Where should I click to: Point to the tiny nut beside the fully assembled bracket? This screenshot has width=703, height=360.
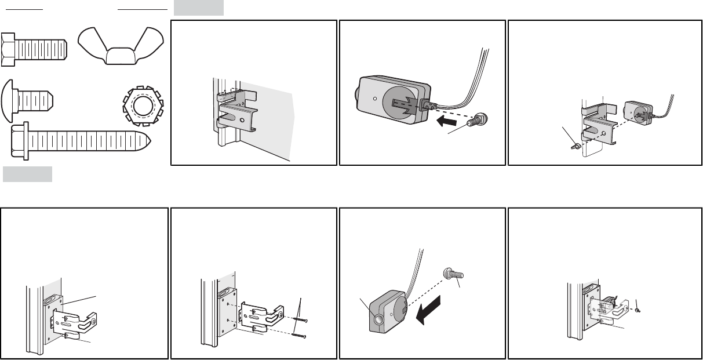[638, 310]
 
